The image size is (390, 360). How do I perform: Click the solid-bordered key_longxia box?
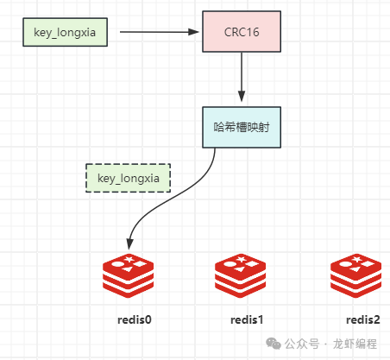click(65, 32)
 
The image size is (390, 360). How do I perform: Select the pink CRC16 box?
click(242, 32)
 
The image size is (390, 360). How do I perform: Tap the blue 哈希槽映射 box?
click(242, 127)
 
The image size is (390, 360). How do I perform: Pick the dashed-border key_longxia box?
click(129, 178)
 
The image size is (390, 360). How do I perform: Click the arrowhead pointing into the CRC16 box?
click(193, 32)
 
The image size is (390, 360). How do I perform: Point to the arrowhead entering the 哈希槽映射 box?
click(242, 96)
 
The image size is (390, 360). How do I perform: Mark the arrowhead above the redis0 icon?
click(130, 244)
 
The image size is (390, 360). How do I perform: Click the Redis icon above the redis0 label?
click(128, 275)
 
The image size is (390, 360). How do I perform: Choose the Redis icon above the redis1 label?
click(240, 275)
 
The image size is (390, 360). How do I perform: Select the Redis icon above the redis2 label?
click(355, 275)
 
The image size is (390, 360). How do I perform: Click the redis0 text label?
click(135, 319)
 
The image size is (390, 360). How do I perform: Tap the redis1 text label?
click(247, 319)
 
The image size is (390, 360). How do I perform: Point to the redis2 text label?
click(363, 319)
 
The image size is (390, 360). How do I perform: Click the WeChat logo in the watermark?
click(274, 344)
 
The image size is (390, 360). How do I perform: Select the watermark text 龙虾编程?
click(355, 344)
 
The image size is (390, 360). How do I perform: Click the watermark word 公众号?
click(302, 344)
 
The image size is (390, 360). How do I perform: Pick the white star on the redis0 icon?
click(129, 259)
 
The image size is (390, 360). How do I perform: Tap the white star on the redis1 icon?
click(241, 259)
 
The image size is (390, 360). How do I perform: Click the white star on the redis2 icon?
click(356, 259)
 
